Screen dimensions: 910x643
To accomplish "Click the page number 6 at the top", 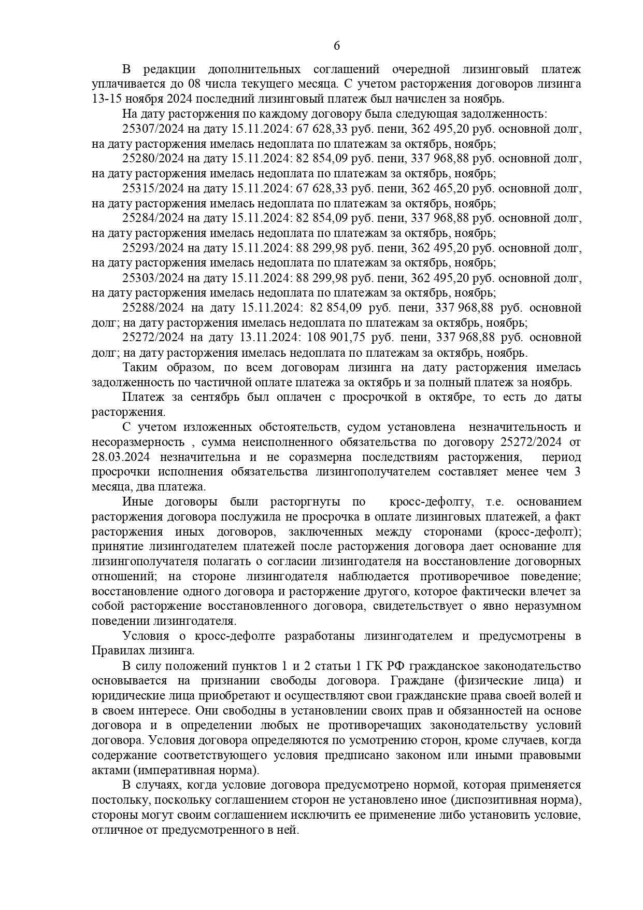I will click(336, 46).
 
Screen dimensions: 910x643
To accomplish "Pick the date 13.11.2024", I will click(270, 338).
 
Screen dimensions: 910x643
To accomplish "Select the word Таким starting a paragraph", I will click(138, 368).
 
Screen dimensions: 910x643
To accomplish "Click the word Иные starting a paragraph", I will click(136, 502).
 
